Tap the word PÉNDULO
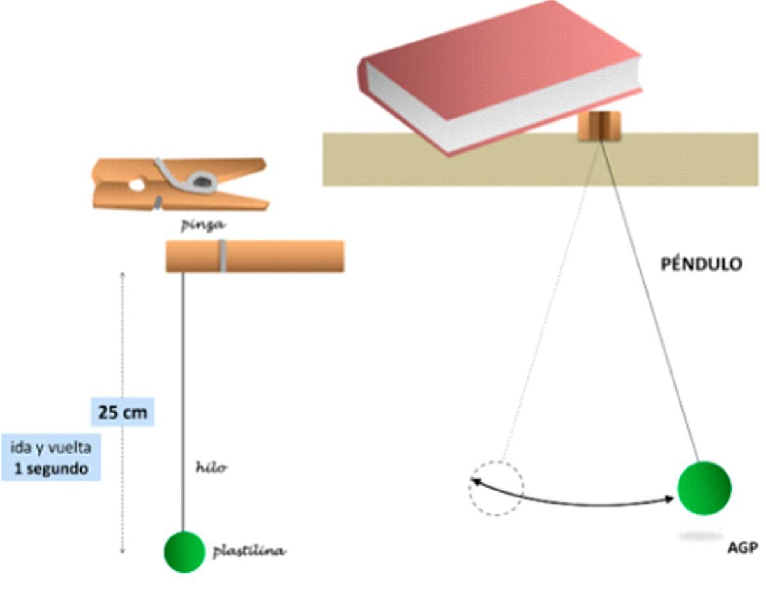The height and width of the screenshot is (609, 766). click(x=702, y=264)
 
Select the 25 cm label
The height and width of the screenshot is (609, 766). click(x=123, y=412)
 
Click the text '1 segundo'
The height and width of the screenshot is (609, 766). click(x=52, y=468)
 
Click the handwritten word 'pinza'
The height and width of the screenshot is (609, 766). click(x=202, y=225)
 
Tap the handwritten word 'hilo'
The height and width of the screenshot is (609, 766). click(x=211, y=468)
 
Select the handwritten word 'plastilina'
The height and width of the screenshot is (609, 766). click(x=248, y=551)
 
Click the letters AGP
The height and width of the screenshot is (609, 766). click(x=742, y=548)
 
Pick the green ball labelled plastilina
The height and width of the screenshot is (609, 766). click(x=184, y=551)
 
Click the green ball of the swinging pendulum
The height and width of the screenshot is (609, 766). click(x=703, y=488)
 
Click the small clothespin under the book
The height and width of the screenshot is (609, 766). click(x=600, y=126)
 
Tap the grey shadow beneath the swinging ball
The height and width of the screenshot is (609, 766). click(x=700, y=536)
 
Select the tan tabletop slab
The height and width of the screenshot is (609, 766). click(x=689, y=160)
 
